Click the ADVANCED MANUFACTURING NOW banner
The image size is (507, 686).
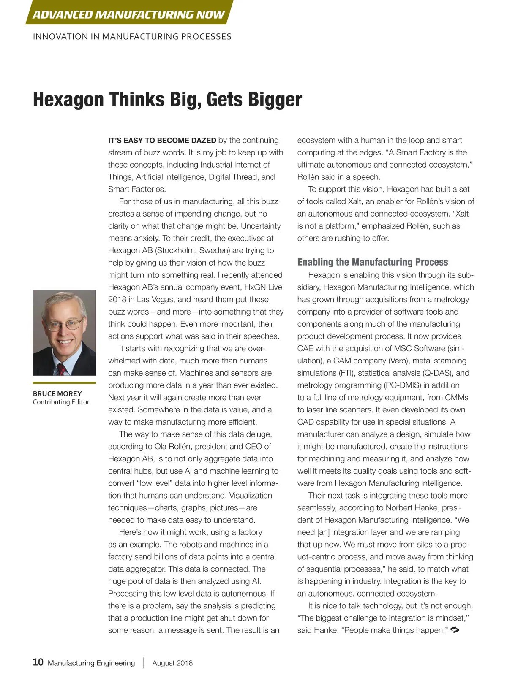[128, 14]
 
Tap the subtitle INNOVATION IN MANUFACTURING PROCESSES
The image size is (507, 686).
[132, 37]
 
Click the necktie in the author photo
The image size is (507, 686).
[62, 369]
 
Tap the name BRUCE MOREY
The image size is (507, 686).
[57, 393]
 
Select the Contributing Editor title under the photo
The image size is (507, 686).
[61, 402]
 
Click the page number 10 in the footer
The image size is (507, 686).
[38, 662]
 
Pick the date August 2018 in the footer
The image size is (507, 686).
[172, 663]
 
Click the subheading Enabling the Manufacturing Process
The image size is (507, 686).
[373, 262]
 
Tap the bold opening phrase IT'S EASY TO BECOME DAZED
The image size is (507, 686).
[162, 140]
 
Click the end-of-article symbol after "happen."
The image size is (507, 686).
[455, 630]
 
